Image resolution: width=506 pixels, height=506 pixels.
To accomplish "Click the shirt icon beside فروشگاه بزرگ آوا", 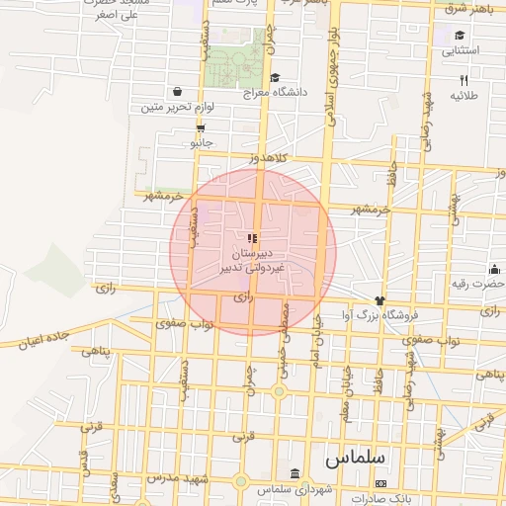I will tap(379, 299).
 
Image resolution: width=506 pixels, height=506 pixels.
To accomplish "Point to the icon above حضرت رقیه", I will tap(493, 269).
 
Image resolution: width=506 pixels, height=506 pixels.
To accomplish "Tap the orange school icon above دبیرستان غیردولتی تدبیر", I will tap(252, 238).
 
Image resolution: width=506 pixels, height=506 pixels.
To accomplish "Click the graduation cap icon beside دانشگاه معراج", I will tap(274, 77).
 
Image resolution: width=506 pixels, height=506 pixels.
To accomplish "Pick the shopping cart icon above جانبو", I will tap(201, 128).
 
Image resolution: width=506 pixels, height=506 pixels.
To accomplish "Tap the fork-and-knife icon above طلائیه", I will tap(463, 80).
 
